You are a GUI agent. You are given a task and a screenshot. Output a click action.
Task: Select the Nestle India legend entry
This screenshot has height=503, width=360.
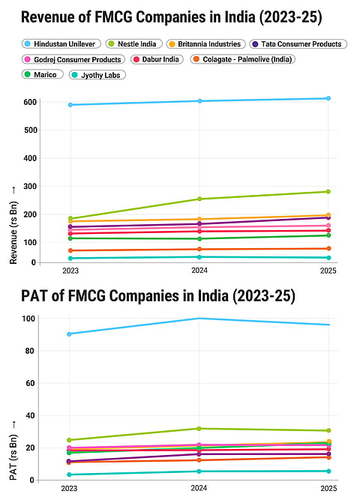(x=135, y=44)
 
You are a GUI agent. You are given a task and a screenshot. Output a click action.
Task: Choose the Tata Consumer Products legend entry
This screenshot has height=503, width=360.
(x=299, y=44)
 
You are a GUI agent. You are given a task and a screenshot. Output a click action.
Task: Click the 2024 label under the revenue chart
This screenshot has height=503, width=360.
(x=199, y=270)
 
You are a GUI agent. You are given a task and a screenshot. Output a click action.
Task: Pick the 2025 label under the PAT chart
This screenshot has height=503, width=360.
(x=328, y=487)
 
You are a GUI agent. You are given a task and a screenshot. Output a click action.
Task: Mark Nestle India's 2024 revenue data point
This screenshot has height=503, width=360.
(x=199, y=199)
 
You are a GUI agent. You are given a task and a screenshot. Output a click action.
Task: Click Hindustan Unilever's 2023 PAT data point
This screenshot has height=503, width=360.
(x=70, y=334)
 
